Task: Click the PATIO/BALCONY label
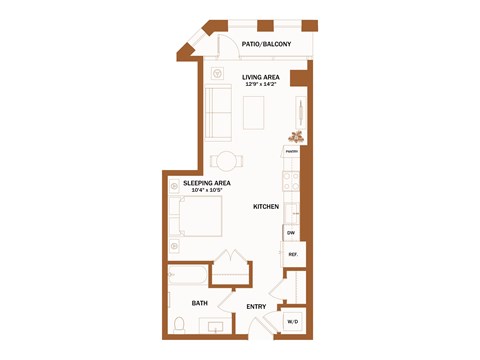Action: [x=266, y=45]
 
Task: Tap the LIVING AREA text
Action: [x=260, y=77]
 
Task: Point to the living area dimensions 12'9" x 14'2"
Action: [x=260, y=85]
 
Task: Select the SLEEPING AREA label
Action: [x=207, y=183]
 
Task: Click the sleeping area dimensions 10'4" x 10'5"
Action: [x=207, y=191]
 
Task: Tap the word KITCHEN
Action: [x=265, y=207]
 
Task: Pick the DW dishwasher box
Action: [x=291, y=233]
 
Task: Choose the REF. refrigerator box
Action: [x=294, y=255]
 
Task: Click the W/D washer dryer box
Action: [x=293, y=322]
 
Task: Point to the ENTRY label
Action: [x=255, y=306]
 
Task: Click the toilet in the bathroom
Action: [x=179, y=324]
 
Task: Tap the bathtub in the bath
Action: [x=188, y=276]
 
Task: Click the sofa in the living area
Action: [x=217, y=113]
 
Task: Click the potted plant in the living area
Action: [x=296, y=136]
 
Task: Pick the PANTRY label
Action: [x=291, y=152]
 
